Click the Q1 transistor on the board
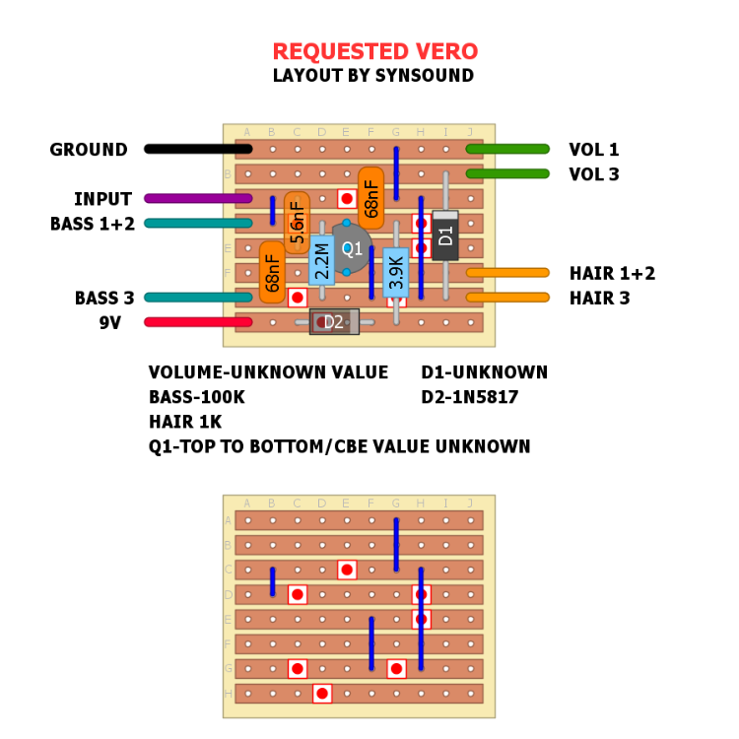[352, 248]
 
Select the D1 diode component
[445, 235]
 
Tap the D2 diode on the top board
[334, 321]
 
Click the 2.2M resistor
[322, 260]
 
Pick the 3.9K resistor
[396, 272]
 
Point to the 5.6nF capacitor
[297, 224]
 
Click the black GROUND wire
[198, 149]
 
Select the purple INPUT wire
[198, 198]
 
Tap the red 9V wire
[198, 321]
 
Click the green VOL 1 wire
[507, 149]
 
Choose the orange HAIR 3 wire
[507, 297]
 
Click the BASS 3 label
[104, 298]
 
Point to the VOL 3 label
[594, 174]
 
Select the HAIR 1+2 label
[612, 273]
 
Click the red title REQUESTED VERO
[374, 51]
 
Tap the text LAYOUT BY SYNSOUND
[373, 76]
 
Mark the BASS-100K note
[196, 397]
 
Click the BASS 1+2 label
[93, 224]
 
